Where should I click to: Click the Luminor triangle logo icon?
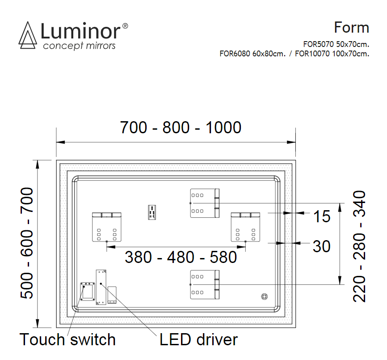point(28,36)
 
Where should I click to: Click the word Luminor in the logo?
point(80,31)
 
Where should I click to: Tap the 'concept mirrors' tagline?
point(79,46)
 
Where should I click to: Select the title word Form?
point(351,28)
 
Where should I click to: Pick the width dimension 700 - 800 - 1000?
point(181,127)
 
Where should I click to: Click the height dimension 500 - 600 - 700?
point(28,243)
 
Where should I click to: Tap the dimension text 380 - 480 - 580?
point(181,257)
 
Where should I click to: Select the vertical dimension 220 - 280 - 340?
point(360,246)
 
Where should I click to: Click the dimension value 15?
point(321,217)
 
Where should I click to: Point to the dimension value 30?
point(321,246)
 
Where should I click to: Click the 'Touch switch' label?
point(67,339)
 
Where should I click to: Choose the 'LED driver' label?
point(198,339)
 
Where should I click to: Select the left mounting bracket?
point(107,227)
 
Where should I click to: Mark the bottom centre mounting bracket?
point(205,284)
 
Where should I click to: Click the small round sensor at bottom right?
point(264,296)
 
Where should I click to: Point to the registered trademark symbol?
point(125,26)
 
